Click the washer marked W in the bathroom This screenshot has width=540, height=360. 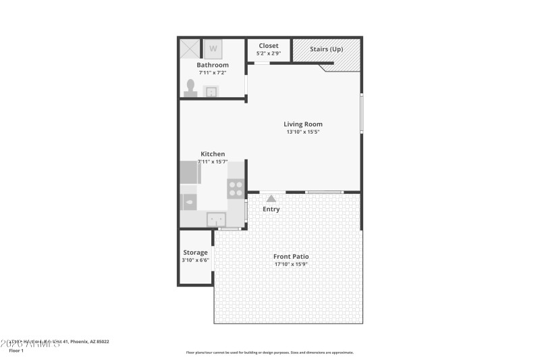[213, 49]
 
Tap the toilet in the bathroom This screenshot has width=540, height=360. [191, 88]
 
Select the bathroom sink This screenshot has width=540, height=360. [211, 91]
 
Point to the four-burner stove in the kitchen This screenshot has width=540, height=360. [236, 188]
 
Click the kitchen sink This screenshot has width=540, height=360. [216, 218]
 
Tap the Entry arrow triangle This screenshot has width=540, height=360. [271, 198]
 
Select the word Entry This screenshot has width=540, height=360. [271, 209]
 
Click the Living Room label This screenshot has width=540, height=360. [303, 124]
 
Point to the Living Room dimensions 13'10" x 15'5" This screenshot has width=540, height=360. [303, 132]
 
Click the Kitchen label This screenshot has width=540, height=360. [213, 154]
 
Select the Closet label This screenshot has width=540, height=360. [269, 46]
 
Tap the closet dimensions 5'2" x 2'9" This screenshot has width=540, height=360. [269, 53]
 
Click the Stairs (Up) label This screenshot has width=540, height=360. [326, 49]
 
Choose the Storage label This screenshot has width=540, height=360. [195, 253]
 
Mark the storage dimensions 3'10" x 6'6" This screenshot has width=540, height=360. [195, 261]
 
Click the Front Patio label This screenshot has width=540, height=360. [292, 256]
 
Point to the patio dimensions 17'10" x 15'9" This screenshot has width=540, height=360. [292, 264]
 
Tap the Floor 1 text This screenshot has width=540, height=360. [16, 351]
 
